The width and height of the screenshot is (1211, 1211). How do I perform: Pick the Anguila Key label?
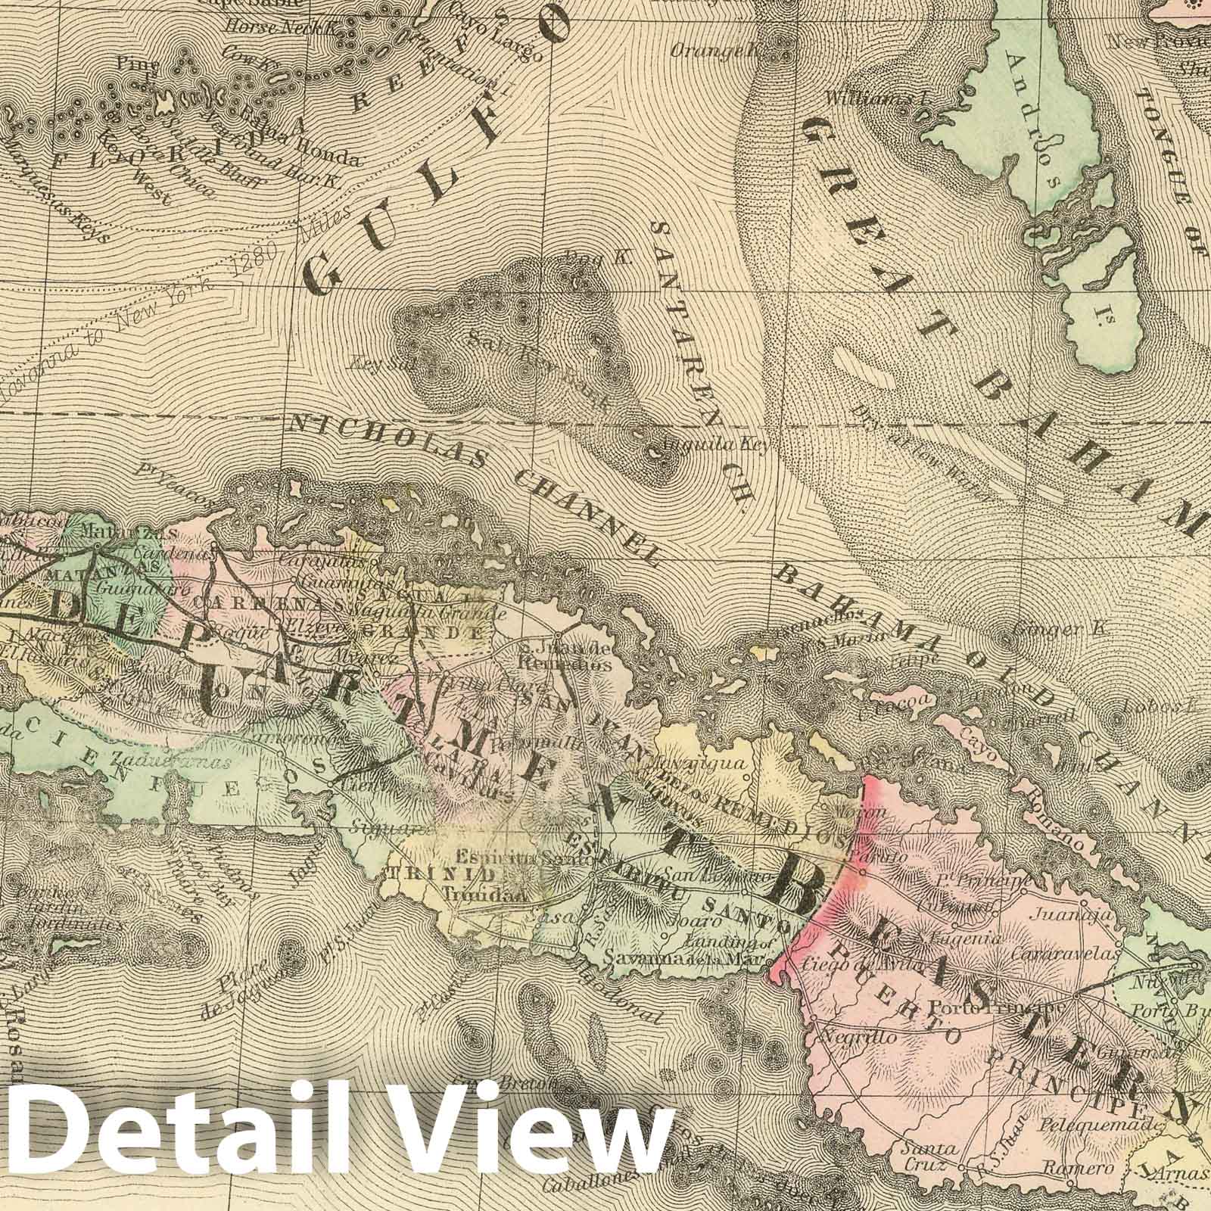click(715, 445)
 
